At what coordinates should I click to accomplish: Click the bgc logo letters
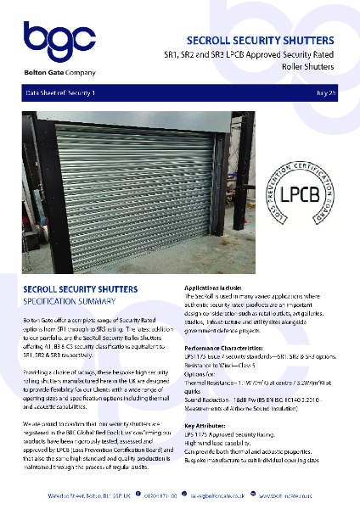click(x=52, y=40)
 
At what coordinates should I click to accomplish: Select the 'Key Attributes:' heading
click(x=209, y=425)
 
